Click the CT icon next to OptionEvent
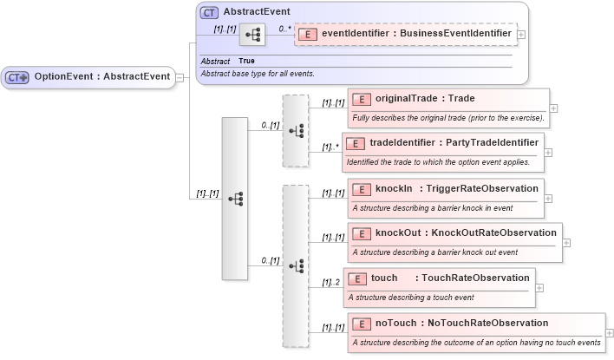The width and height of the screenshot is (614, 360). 17,77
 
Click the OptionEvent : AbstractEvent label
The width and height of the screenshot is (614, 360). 101,76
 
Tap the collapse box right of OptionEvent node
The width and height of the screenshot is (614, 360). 180,77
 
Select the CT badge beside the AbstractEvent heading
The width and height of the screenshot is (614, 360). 209,13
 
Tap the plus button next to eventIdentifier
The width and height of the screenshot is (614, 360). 521,35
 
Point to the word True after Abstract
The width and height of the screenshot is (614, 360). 246,62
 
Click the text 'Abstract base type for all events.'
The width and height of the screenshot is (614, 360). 258,74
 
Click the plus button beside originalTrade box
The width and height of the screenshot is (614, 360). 553,108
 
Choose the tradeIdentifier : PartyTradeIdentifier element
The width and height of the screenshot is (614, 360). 454,142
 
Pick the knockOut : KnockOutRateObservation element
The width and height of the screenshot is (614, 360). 466,232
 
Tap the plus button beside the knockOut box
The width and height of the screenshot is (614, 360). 566,242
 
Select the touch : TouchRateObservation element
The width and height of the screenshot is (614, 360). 450,278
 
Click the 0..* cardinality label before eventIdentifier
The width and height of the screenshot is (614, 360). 284,29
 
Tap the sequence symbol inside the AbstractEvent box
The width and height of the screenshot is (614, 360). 252,35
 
